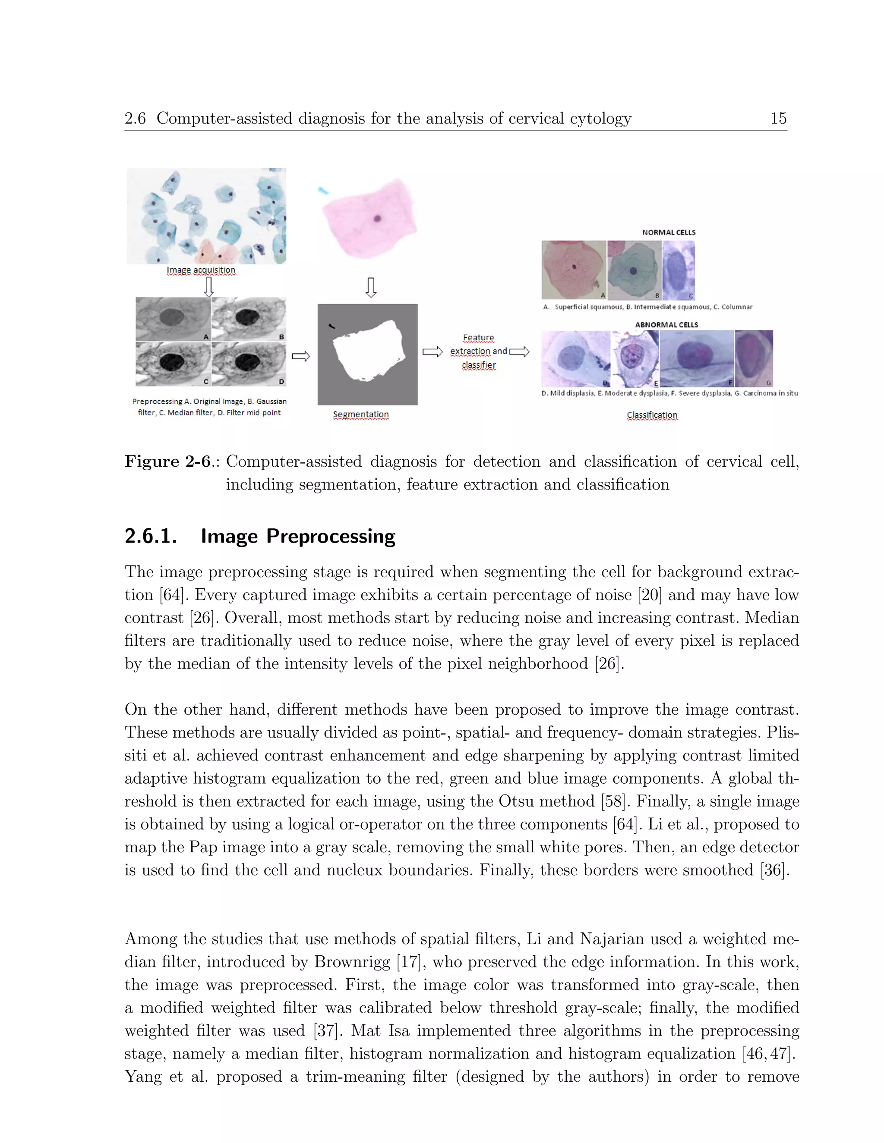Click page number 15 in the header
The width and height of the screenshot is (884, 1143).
coord(778,118)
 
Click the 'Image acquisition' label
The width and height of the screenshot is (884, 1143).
coord(201,270)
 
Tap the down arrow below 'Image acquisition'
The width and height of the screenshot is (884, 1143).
coord(208,287)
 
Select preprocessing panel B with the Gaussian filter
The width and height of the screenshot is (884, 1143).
coord(249,319)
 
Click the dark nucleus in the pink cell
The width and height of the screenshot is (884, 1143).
coord(378,218)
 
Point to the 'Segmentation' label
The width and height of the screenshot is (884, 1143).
coord(361,414)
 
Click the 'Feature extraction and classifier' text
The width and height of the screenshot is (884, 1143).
coord(479,351)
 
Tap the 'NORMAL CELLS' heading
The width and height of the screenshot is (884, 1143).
coord(669,232)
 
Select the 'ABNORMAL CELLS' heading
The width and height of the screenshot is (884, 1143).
coord(666,324)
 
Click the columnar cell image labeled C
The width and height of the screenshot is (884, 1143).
coord(679,270)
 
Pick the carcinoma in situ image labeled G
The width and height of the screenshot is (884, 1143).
coord(754,358)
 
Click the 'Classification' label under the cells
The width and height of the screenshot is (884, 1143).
coord(652,415)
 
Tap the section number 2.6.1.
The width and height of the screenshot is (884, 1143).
coord(151,537)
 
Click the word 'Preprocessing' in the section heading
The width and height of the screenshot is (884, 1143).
coord(331,537)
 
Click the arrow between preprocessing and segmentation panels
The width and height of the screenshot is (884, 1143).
coord(300,356)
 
